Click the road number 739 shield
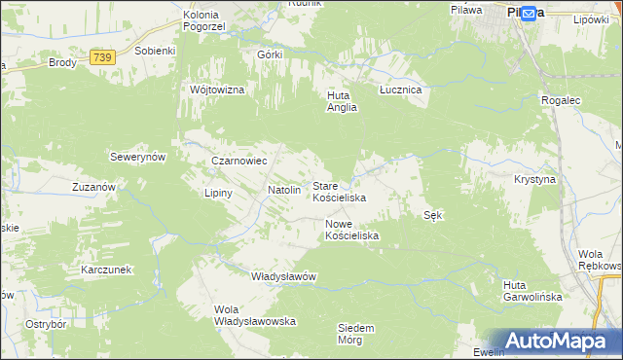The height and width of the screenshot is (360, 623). tap(102, 58)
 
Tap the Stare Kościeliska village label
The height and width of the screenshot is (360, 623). tap(339, 192)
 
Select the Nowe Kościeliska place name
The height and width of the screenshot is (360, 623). tap(351, 230)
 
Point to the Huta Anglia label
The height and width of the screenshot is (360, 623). tap(342, 102)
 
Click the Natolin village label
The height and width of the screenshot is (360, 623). tap(283, 191)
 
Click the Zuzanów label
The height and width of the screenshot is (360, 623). tap(94, 186)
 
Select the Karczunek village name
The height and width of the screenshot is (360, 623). tap(106, 269)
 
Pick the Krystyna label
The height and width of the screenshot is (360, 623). tap(534, 180)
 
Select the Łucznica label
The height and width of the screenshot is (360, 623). tap(399, 90)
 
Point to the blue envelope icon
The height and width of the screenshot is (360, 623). tap(529, 14)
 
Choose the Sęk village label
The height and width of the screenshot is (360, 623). tap(433, 215)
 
